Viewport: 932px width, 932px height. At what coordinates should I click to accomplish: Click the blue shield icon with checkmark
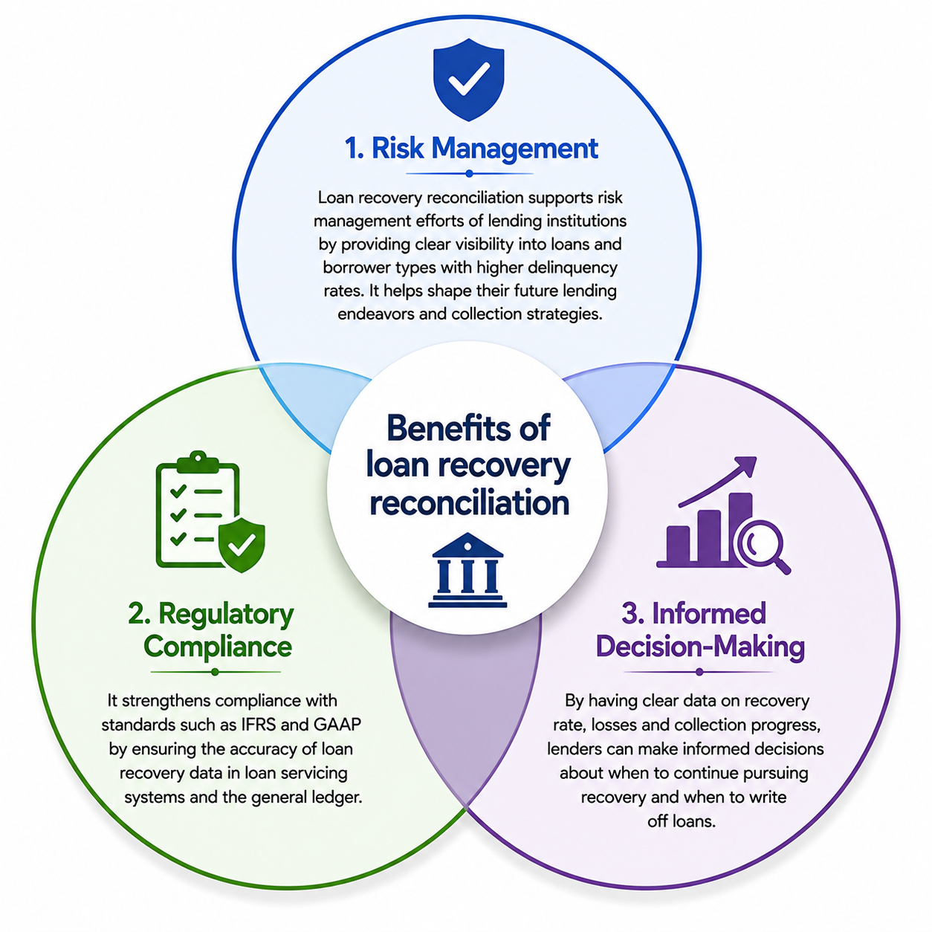click(x=468, y=80)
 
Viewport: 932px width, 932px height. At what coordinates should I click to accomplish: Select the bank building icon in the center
click(x=467, y=570)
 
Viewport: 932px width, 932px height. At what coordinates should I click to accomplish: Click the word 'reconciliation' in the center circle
click(x=469, y=503)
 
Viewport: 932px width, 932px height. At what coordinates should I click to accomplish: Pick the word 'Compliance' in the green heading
click(x=218, y=646)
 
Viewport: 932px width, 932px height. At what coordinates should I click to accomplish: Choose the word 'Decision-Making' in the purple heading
click(x=700, y=646)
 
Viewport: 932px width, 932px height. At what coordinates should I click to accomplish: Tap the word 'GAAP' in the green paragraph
click(x=337, y=725)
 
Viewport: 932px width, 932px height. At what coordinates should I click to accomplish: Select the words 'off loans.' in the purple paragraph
click(x=681, y=821)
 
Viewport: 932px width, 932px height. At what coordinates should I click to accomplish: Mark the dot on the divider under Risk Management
click(x=469, y=174)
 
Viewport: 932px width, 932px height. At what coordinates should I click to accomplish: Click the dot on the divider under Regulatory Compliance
click(x=216, y=673)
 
